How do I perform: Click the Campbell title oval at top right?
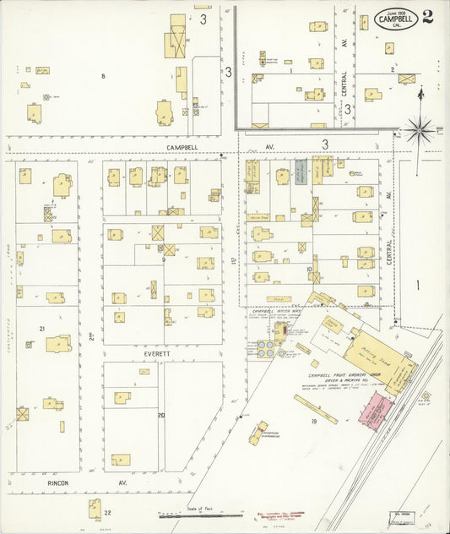tap(395, 18)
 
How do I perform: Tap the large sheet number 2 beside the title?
tap(428, 18)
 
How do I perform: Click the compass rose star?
tap(420, 130)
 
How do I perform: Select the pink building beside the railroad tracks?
tap(376, 409)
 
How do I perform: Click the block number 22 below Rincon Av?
tap(107, 512)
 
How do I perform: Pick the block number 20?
tap(160, 415)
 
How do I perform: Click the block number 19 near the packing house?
tap(312, 420)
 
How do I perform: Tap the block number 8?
tap(103, 77)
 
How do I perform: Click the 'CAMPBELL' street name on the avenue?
tap(185, 146)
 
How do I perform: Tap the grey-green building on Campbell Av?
tap(301, 172)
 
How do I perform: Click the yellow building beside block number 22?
tap(95, 508)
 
